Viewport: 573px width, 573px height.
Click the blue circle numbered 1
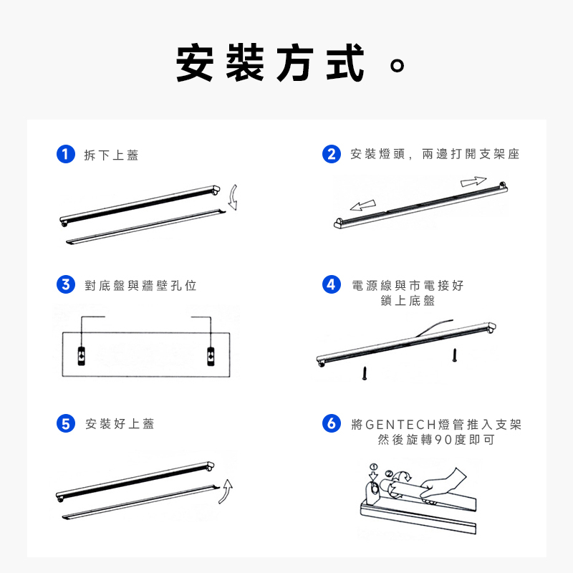(x=66, y=154)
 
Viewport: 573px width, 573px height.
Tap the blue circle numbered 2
(x=332, y=154)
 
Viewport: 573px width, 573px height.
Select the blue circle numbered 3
(x=66, y=284)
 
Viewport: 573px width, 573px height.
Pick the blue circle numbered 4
(x=332, y=284)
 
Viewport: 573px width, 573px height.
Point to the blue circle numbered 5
(x=66, y=423)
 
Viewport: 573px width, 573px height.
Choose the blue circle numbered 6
(x=332, y=423)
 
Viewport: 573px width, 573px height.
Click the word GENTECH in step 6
(x=401, y=425)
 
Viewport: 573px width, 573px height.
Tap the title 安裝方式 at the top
(x=271, y=63)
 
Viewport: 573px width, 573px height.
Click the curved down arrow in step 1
(x=233, y=198)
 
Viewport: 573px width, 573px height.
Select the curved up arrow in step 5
(x=227, y=491)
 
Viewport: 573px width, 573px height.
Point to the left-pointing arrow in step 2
(x=363, y=206)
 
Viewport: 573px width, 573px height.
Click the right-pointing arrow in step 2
(x=473, y=181)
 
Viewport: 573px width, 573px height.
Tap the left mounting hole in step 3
(x=82, y=355)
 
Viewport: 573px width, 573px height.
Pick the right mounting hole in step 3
(x=211, y=355)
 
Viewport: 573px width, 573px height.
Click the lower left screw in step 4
(x=365, y=373)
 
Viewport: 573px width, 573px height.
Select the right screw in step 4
(x=455, y=355)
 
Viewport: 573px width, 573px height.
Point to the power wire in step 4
(x=433, y=327)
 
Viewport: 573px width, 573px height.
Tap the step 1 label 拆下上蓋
(x=111, y=155)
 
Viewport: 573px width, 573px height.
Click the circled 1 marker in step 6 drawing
(x=373, y=467)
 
